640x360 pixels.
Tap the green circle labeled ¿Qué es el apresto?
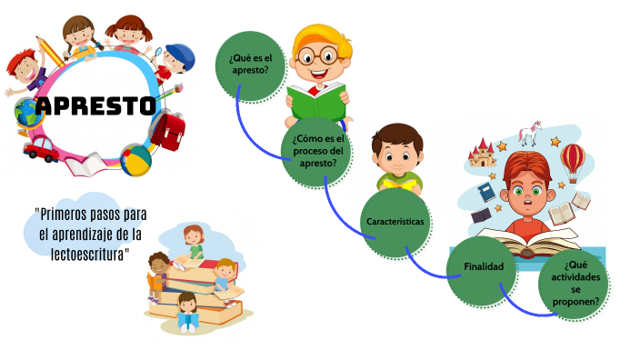click(248, 63)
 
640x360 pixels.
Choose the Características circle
click(395, 222)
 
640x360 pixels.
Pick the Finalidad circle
click(481, 266)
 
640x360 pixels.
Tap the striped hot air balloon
click(573, 162)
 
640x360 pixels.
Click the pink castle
click(482, 155)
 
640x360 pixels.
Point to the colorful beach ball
click(135, 161)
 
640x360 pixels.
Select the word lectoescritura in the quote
click(86, 252)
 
